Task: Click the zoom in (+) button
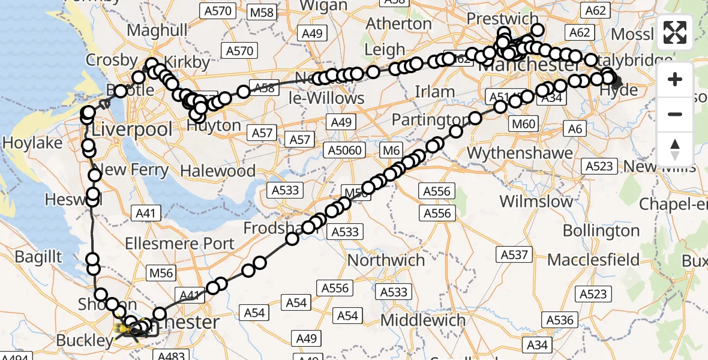pyautogui.click(x=675, y=80)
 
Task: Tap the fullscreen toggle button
pyautogui.click(x=675, y=32)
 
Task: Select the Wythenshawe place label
pyautogui.click(x=520, y=154)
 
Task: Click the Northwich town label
pyautogui.click(x=386, y=260)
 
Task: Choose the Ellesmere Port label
pyautogui.click(x=180, y=244)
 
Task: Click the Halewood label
pyautogui.click(x=218, y=171)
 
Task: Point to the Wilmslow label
pyautogui.click(x=536, y=201)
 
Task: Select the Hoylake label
pyautogui.click(x=32, y=143)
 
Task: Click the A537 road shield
pyautogui.click(x=515, y=255)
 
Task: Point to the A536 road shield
pyautogui.click(x=559, y=320)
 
